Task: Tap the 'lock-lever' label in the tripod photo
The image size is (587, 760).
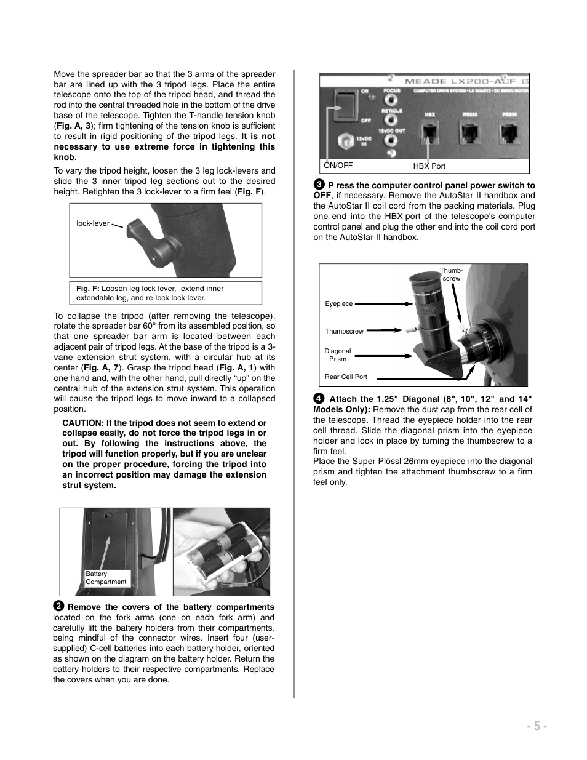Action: [x=93, y=223]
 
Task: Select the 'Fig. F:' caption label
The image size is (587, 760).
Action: [x=88, y=288]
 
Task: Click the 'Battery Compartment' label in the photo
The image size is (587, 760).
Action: [x=105, y=577]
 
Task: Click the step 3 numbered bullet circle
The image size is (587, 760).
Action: [x=319, y=185]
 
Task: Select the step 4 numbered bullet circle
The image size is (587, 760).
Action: [x=319, y=398]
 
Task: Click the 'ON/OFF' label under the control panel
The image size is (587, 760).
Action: [x=338, y=166]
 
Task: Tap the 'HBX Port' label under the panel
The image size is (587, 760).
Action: [x=429, y=166]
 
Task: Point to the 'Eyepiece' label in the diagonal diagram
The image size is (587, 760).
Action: [x=338, y=303]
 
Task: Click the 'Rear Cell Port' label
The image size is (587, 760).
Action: [x=345, y=377]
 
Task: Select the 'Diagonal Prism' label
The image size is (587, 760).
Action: [x=337, y=355]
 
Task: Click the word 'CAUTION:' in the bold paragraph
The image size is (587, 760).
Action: [x=82, y=423]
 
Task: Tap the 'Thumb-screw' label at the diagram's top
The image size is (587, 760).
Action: [x=451, y=274]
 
